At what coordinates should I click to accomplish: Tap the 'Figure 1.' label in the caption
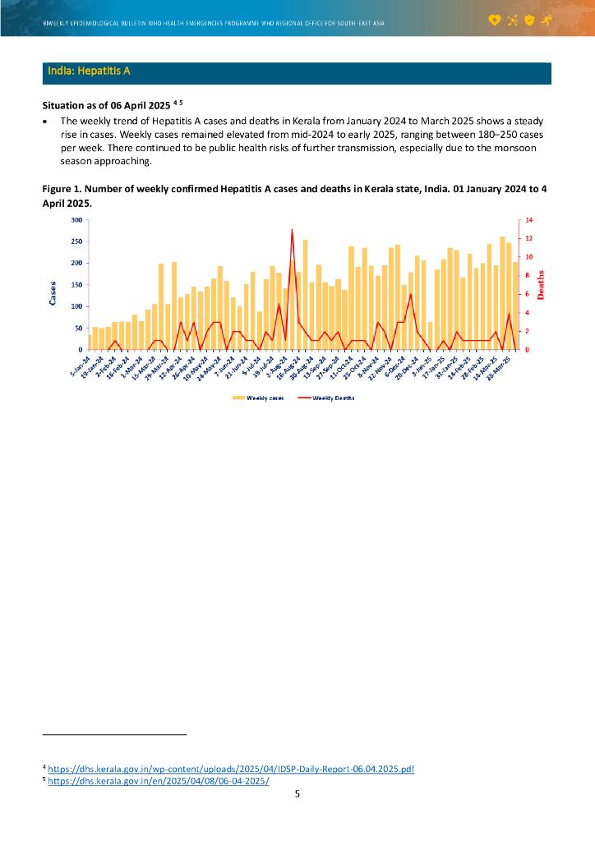62,189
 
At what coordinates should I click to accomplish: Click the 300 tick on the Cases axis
76,220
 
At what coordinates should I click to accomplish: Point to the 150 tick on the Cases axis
76,285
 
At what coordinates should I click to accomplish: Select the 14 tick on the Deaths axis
523,220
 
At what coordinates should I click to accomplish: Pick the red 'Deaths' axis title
540,284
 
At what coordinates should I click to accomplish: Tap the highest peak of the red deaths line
292,230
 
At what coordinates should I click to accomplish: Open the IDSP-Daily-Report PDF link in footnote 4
231,769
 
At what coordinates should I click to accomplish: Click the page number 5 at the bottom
297,793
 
